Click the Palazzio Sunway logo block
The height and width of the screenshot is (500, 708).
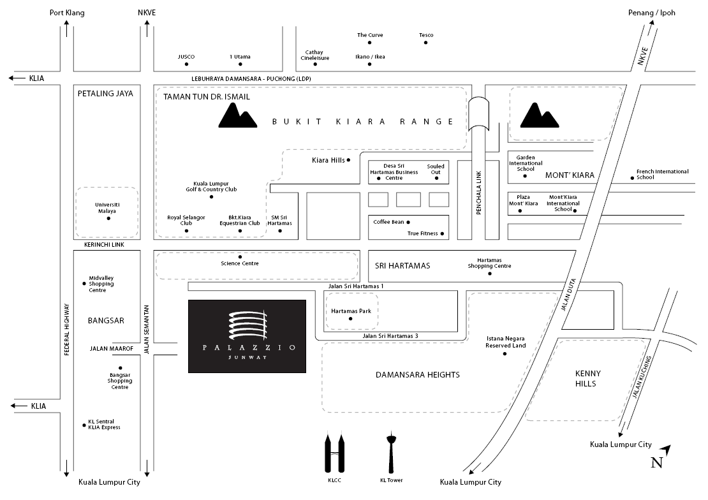[x=247, y=335]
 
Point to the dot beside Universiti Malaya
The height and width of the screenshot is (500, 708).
[x=108, y=219]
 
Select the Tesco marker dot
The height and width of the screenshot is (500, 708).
[x=426, y=43]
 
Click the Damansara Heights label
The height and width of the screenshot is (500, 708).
[x=417, y=375]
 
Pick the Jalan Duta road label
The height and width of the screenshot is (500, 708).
[x=564, y=297]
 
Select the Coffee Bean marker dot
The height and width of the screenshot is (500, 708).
[x=408, y=222]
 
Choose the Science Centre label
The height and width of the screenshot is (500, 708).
[x=240, y=263]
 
